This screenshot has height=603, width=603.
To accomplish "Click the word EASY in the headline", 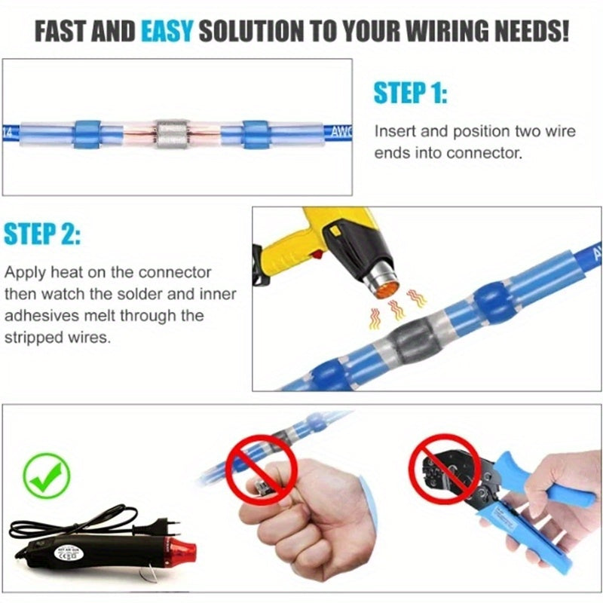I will pos(167,32).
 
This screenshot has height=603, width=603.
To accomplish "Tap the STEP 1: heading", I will pos(411,95).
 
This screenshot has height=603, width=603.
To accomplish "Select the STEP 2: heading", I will pos(42,234).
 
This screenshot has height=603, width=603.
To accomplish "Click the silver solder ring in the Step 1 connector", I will pos(172,136).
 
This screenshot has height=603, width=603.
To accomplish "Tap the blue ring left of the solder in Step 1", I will pos(85,136).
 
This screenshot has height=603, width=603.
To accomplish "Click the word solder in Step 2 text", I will pos(175,293).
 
